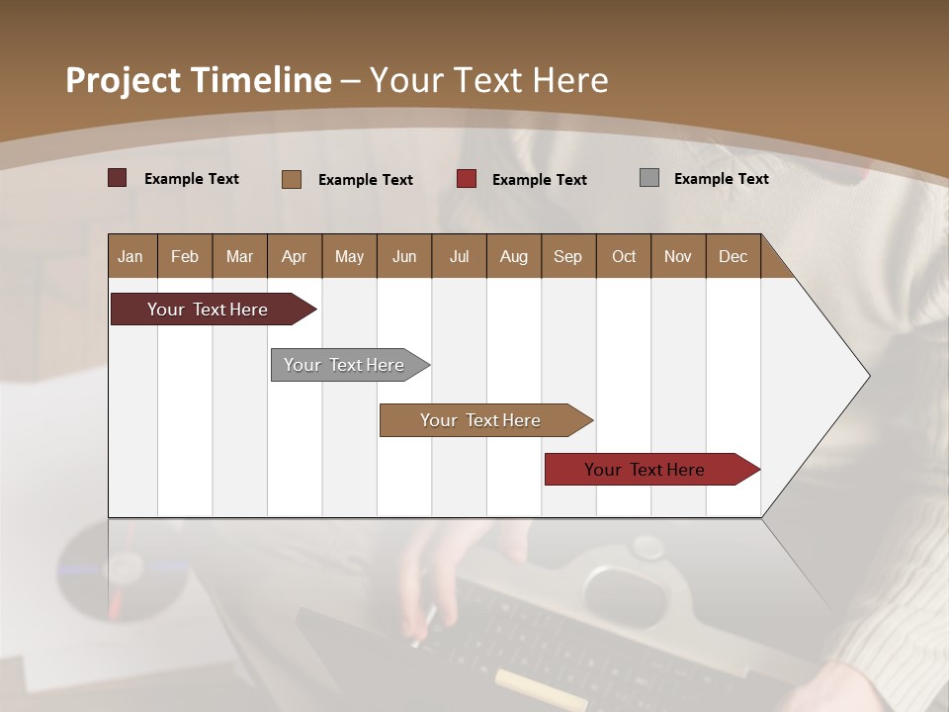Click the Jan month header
130,256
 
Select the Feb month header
185,256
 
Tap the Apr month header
294,256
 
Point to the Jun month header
404,256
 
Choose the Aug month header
513,256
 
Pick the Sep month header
567,256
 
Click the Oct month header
624,256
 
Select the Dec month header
733,256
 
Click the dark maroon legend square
117,178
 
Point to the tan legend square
292,179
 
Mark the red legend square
467,179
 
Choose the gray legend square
649,178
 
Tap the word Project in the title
124,80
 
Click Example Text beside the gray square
721,178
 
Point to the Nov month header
678,256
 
